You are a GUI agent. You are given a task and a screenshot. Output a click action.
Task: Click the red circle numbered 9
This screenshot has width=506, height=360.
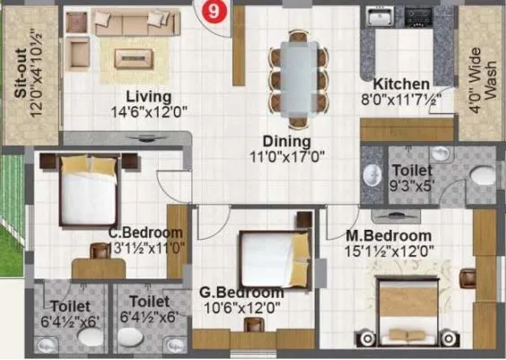coord(212,12)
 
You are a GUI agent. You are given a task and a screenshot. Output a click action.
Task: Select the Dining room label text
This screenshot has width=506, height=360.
coord(286,141)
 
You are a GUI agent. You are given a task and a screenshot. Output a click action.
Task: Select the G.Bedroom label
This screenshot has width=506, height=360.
coord(243,293)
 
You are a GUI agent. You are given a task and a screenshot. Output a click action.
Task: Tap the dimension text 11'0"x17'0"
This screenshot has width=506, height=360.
coord(288,155)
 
